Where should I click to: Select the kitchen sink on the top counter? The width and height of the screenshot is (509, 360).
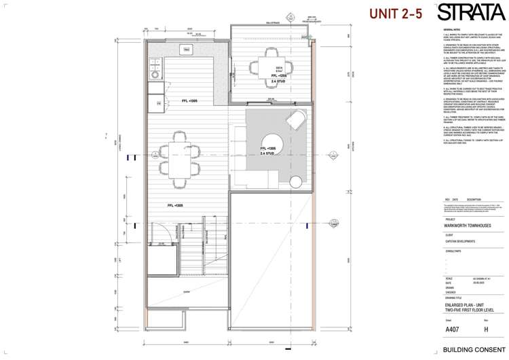186,50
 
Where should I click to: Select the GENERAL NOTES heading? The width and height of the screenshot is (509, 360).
451,31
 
